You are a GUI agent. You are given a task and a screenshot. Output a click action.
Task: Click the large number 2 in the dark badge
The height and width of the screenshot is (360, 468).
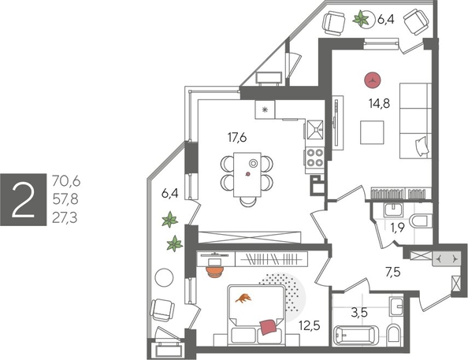pyautogui.click(x=23, y=198)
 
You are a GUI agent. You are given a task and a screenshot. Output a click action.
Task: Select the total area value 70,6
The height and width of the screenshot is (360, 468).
pyautogui.click(x=67, y=182)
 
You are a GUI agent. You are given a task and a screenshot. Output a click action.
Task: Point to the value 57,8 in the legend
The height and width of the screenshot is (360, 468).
pyautogui.click(x=67, y=198)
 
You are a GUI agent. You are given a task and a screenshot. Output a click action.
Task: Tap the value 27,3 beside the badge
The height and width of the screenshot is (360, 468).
pyautogui.click(x=67, y=214)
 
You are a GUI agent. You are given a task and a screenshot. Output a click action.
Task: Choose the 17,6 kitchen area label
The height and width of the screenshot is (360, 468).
pyautogui.click(x=238, y=137)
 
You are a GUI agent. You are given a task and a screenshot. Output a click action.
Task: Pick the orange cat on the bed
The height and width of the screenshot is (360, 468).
pyautogui.click(x=245, y=297)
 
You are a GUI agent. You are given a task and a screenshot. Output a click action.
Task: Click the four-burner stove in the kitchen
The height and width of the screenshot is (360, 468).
pyautogui.click(x=316, y=155)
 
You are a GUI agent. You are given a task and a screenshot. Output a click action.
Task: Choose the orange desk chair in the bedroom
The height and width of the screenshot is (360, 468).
pyautogui.click(x=214, y=268)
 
